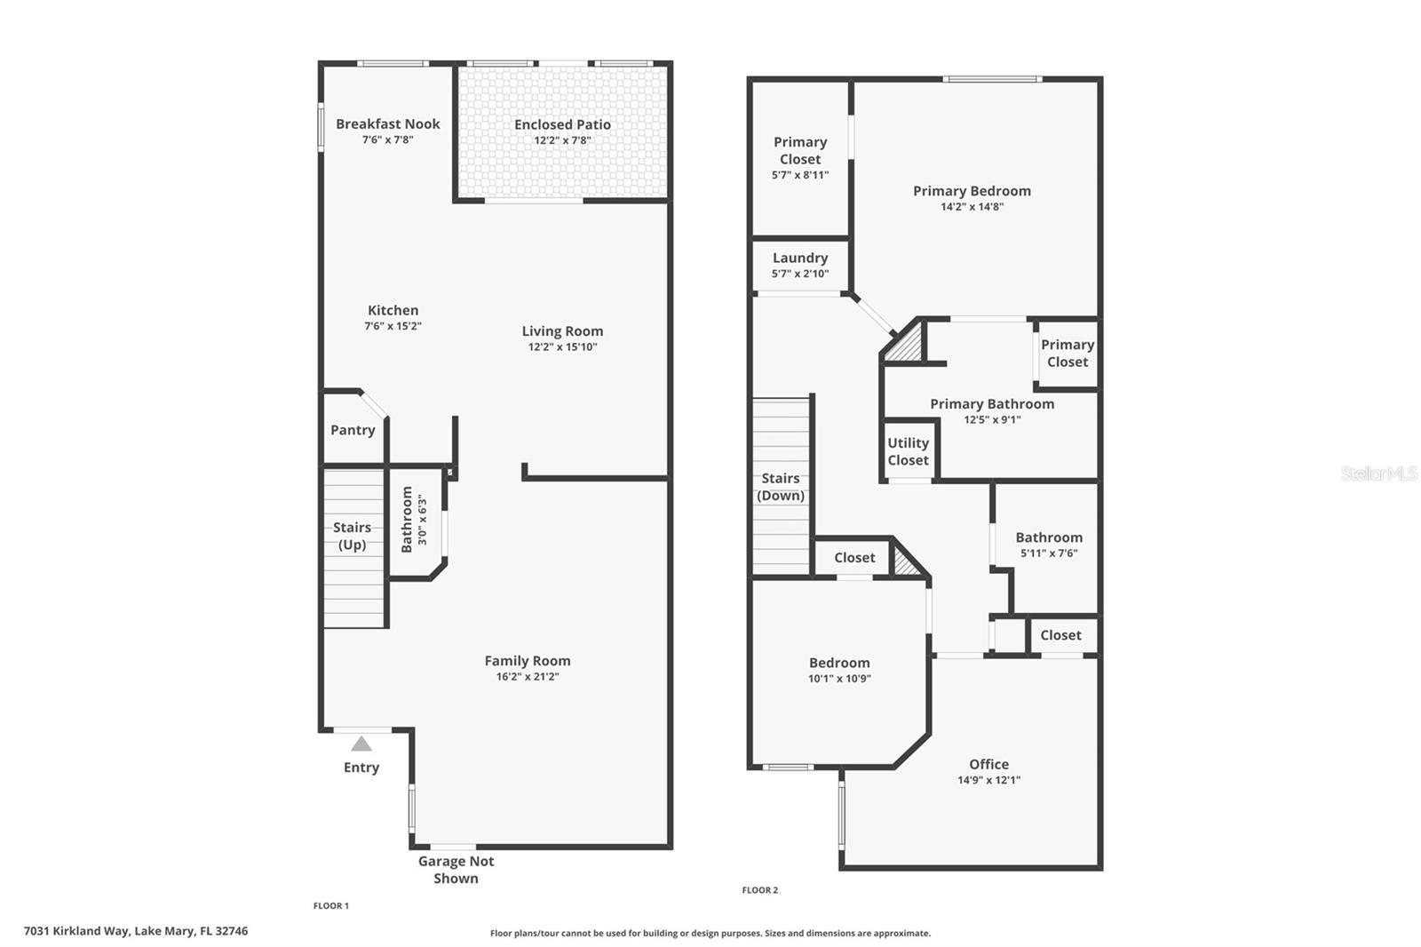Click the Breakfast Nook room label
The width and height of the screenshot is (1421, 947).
point(387,124)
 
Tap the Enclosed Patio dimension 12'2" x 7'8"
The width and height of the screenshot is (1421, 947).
point(562,140)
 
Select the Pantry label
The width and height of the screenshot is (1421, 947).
point(353,430)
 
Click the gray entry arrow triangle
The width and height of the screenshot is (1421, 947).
point(361,744)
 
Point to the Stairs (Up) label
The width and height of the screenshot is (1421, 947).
point(352,536)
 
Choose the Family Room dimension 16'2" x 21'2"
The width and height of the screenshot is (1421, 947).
point(528,677)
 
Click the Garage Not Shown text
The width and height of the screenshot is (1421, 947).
point(456,870)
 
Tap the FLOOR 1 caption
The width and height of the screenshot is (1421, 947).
point(331,906)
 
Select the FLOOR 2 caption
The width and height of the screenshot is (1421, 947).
point(760,890)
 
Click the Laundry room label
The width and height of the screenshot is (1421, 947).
point(800,258)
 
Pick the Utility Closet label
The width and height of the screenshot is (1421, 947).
point(908,451)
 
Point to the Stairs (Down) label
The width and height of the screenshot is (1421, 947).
point(781,487)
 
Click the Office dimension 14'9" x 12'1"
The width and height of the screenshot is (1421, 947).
point(988,780)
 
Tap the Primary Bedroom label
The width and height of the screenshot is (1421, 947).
point(972,191)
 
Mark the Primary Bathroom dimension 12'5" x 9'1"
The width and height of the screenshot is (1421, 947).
point(992,420)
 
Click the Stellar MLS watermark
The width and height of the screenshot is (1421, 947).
point(1378,473)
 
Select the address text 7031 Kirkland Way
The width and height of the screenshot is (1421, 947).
point(77,931)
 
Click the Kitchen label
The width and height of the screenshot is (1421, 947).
point(393,310)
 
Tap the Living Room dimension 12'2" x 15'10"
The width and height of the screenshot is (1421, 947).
point(562,347)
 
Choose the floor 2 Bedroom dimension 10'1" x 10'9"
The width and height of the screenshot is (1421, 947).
point(839,679)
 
